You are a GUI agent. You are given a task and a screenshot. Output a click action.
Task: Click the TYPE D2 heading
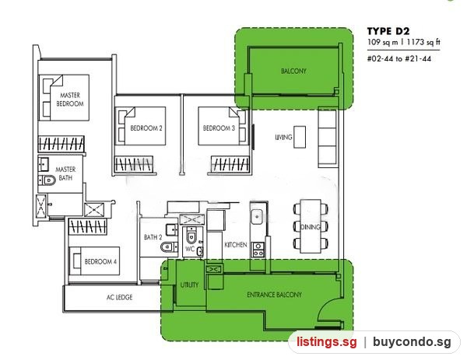[x=388, y=31]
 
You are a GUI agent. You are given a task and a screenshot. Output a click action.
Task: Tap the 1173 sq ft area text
[x=423, y=42]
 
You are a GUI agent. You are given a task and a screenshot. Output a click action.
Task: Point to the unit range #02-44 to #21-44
[x=399, y=58]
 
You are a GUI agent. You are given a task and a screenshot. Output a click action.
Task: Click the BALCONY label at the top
[x=293, y=71]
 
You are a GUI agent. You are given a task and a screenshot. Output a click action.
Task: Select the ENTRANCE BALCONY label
[x=274, y=295]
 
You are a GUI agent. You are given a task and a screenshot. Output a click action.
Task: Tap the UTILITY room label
[x=189, y=285]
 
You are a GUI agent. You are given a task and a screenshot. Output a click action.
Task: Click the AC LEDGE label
[x=119, y=297]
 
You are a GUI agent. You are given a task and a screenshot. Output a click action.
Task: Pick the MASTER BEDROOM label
[x=70, y=100]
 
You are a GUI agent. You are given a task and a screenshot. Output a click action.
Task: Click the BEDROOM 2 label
[x=146, y=128]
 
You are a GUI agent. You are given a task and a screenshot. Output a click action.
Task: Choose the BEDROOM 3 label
[x=219, y=128]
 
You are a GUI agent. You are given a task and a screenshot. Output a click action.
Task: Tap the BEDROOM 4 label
[x=100, y=261]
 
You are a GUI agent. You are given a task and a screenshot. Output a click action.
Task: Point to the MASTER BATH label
[x=65, y=173]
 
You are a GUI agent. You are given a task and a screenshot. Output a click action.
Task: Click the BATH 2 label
[x=153, y=237]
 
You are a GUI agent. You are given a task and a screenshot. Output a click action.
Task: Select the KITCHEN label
[x=236, y=245]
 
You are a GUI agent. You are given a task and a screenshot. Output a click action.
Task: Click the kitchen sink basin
[x=257, y=216]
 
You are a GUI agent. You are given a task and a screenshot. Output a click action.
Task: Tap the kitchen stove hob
[x=258, y=250]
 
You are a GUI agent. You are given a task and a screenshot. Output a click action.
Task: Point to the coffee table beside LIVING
[x=300, y=137]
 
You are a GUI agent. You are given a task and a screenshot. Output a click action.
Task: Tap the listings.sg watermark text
[x=326, y=342]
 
